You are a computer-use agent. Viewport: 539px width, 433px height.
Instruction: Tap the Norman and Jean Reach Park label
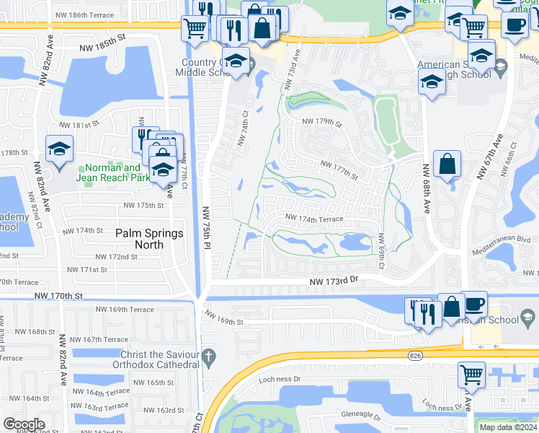point(109,172)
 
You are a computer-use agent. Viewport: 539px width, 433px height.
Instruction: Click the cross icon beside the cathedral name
point(208,357)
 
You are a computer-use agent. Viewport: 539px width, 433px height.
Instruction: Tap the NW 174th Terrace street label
point(313,217)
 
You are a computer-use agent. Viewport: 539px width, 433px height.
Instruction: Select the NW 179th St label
point(321,122)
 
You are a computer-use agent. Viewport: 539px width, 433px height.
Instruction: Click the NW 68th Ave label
point(426,188)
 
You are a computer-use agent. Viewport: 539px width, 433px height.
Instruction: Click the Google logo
point(24,424)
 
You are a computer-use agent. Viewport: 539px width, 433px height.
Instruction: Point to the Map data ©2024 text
point(508,427)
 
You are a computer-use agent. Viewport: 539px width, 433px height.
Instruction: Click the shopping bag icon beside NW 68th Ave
point(447,164)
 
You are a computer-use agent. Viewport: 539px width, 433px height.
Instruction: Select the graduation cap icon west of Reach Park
point(59,149)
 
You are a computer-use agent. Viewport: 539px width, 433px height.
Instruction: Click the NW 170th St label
point(58,296)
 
